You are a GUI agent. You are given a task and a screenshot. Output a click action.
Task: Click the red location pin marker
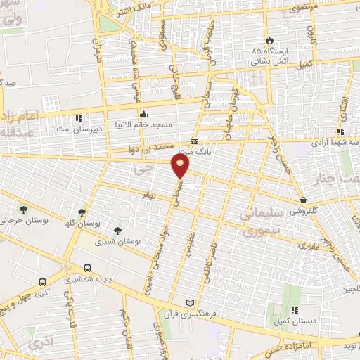click(181, 166)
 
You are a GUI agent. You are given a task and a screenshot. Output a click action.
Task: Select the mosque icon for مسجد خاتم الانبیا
click(144, 115)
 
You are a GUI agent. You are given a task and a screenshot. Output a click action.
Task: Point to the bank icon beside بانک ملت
click(194, 141)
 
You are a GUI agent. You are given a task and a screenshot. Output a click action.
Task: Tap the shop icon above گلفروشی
click(303, 200)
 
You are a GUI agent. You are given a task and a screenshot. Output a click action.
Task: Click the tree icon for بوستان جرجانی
click(25, 209)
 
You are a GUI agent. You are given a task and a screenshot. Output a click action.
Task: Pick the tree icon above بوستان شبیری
click(117, 230)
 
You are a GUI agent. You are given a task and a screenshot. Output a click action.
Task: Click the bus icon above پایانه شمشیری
click(87, 268)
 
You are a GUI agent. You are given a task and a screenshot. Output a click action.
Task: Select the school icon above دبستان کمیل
click(295, 309)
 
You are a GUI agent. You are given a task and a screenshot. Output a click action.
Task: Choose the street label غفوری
click(307, 246)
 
